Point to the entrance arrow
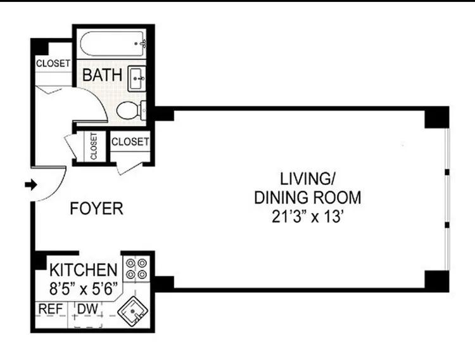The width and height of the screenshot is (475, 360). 29,184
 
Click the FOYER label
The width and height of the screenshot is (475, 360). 96,209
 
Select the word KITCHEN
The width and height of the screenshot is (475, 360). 84,269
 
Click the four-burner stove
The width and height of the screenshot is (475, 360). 137,269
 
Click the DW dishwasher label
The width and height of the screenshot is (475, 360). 86,309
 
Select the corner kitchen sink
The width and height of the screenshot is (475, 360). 136,312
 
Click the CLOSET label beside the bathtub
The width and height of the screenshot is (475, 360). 53,63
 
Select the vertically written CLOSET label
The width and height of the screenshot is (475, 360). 94,147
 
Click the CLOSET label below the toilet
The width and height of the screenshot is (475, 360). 130,142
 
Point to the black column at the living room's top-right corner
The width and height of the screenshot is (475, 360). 436,118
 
